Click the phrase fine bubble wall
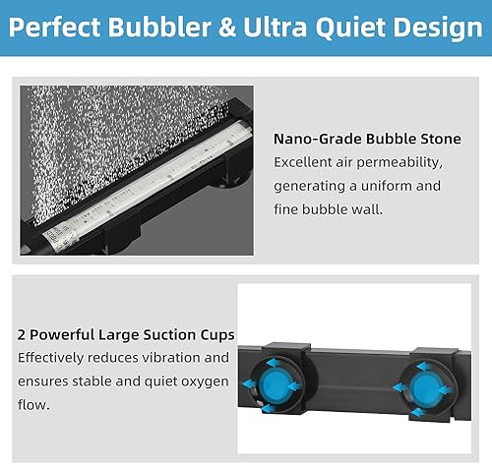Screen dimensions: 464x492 coord(330,208)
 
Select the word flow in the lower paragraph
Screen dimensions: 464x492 coord(33,404)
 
